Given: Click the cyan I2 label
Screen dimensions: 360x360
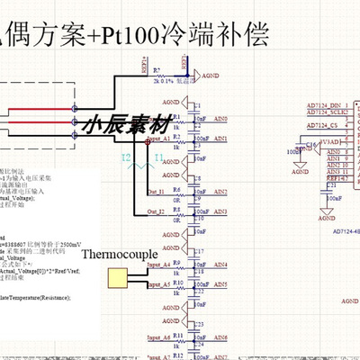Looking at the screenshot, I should coord(127,157).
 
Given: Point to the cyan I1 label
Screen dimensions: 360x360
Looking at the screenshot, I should coord(158,157).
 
